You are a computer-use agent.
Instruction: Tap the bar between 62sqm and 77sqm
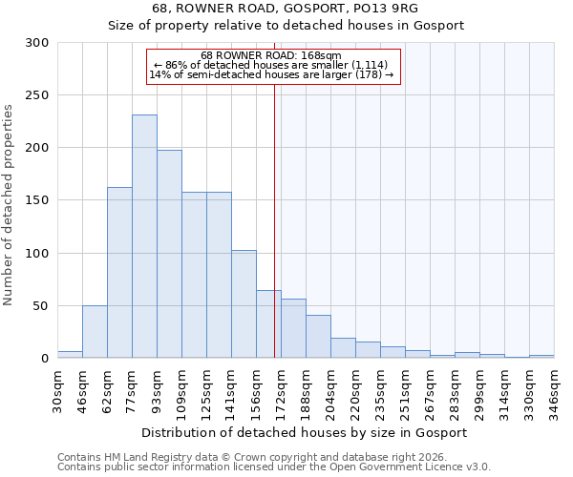coord(119,273)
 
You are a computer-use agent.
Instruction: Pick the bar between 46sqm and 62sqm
coord(95,332)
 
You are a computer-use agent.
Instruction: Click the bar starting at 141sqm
coord(244,304)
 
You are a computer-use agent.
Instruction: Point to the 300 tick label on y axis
coord(37,43)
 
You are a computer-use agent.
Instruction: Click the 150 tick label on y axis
coord(37,200)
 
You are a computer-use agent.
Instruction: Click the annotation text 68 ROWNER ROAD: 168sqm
coord(272,55)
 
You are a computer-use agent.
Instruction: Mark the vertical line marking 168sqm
coord(275,219)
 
